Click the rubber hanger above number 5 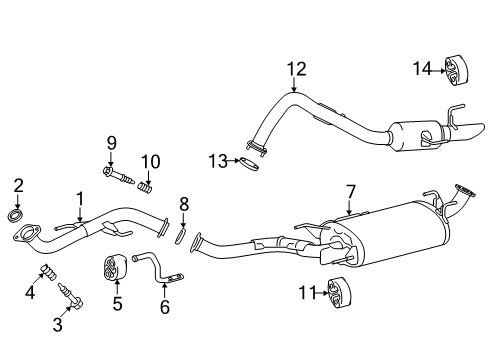click(x=115, y=269)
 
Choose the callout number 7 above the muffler click(x=350, y=190)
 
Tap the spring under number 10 click(x=150, y=186)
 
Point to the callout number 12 click(x=294, y=69)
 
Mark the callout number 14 click(x=423, y=67)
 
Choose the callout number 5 click(x=116, y=304)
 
